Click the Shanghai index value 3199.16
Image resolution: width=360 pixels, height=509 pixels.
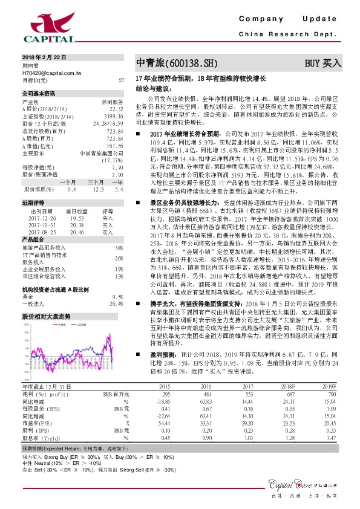113,115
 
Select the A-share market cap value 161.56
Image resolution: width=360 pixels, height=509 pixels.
115,146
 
